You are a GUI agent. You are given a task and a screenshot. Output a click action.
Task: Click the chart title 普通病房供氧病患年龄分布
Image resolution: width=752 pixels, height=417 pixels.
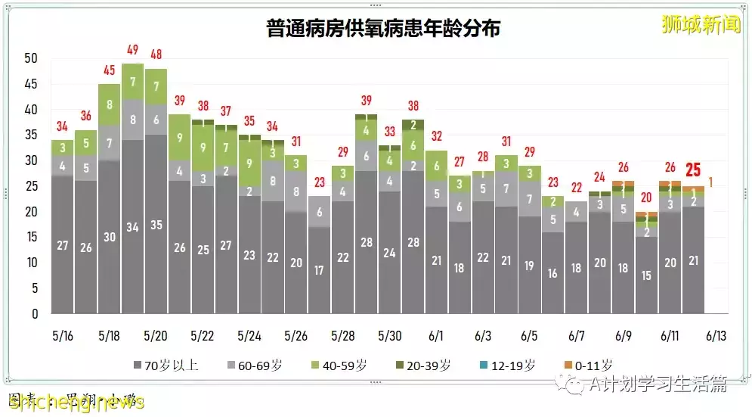pyautogui.click(x=383, y=30)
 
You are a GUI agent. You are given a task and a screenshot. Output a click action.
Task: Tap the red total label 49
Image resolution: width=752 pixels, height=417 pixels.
pyautogui.click(x=132, y=50)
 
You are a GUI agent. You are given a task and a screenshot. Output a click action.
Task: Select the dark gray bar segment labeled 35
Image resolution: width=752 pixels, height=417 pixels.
pyautogui.click(x=156, y=225)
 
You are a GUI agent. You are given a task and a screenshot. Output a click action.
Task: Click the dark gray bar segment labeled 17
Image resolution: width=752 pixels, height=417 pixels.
pyautogui.click(x=320, y=269)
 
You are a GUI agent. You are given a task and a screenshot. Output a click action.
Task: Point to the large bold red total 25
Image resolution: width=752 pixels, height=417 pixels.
pyautogui.click(x=692, y=171)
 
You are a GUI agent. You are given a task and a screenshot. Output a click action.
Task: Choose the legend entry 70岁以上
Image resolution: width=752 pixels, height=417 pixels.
pyautogui.click(x=166, y=365)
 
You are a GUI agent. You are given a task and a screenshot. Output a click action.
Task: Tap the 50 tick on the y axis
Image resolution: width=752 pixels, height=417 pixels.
pyautogui.click(x=31, y=58)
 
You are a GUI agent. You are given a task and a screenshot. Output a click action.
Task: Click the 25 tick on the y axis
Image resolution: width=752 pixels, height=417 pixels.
pyautogui.click(x=31, y=186)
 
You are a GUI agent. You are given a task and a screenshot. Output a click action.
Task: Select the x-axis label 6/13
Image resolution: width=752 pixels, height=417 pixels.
pyautogui.click(x=715, y=335)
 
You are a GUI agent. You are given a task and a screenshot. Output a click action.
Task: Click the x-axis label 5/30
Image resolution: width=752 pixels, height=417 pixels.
pyautogui.click(x=388, y=335)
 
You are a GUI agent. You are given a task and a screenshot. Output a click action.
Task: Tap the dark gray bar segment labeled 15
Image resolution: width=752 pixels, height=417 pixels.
pyautogui.click(x=646, y=276)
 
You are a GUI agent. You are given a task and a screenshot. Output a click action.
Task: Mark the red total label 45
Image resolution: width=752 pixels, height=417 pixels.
pyautogui.click(x=109, y=70)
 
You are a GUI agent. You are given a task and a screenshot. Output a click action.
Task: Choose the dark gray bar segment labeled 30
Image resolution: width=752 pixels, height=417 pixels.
pyautogui.click(x=109, y=237)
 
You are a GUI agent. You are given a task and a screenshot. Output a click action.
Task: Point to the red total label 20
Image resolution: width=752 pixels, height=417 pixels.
pyautogui.click(x=645, y=198)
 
